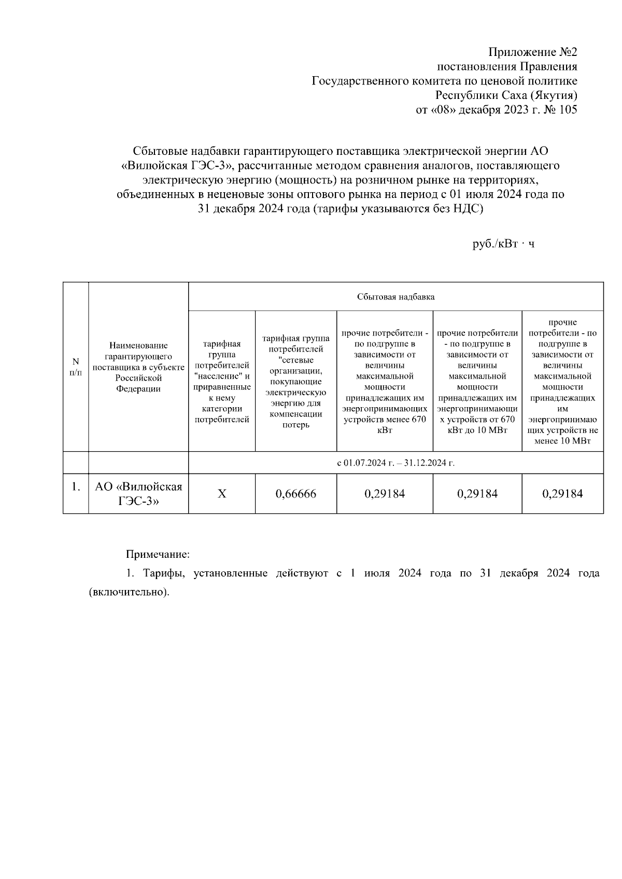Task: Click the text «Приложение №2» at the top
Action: pyautogui.click(x=533, y=52)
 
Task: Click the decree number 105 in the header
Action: pyautogui.click(x=568, y=110)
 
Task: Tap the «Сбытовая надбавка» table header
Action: pyautogui.click(x=395, y=297)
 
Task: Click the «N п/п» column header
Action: pyautogui.click(x=76, y=367)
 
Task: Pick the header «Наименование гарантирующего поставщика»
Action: pyautogui.click(x=138, y=367)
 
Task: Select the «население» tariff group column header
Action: pyautogui.click(x=222, y=381)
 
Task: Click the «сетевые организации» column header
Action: pyautogui.click(x=296, y=381)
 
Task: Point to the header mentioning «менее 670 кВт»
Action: pyautogui.click(x=385, y=381)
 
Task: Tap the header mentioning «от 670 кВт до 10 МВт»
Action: pyautogui.click(x=477, y=381)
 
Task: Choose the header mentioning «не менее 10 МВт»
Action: pyautogui.click(x=562, y=381)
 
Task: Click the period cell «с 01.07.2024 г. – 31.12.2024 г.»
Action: pyautogui.click(x=395, y=463)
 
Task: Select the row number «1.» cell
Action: pyautogui.click(x=76, y=487)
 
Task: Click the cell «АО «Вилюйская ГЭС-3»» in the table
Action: pyautogui.click(x=138, y=494)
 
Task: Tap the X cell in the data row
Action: pyautogui.click(x=222, y=494)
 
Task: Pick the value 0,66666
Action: pyautogui.click(x=296, y=494)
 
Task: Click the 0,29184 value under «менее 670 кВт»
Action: pyautogui.click(x=385, y=494)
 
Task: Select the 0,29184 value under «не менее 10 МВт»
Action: pyautogui.click(x=562, y=494)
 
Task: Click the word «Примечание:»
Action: pyautogui.click(x=158, y=554)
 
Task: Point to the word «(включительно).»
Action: pyautogui.click(x=129, y=592)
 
